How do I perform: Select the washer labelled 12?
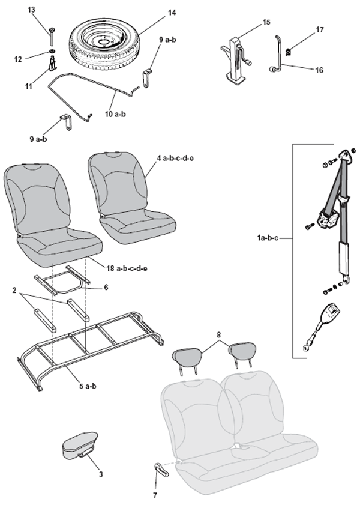52,52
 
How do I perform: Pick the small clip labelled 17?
289,50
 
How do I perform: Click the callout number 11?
29,86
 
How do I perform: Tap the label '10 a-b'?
115,114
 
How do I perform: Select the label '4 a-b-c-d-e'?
175,158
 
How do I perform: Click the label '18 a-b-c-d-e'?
127,268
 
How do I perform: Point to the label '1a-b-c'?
268,238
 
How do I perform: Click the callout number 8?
219,334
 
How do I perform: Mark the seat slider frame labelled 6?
61,279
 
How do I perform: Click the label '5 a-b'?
88,386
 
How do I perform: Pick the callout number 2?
14,290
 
